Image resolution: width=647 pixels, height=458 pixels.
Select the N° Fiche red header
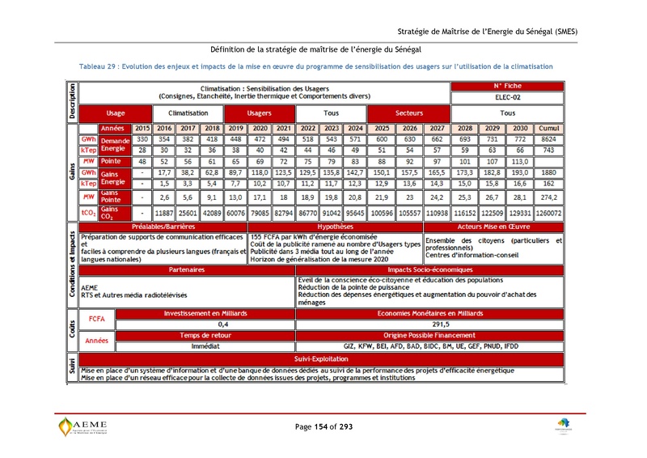tap(508, 85)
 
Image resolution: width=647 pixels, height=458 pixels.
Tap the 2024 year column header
tap(355, 129)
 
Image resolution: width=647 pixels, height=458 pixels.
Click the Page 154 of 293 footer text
tap(323, 426)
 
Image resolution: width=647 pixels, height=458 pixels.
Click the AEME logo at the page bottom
tap(82, 426)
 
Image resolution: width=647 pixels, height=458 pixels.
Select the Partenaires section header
tap(186, 269)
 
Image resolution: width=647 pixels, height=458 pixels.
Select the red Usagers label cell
tap(259, 113)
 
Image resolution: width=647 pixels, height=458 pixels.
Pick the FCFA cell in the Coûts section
tap(97, 319)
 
